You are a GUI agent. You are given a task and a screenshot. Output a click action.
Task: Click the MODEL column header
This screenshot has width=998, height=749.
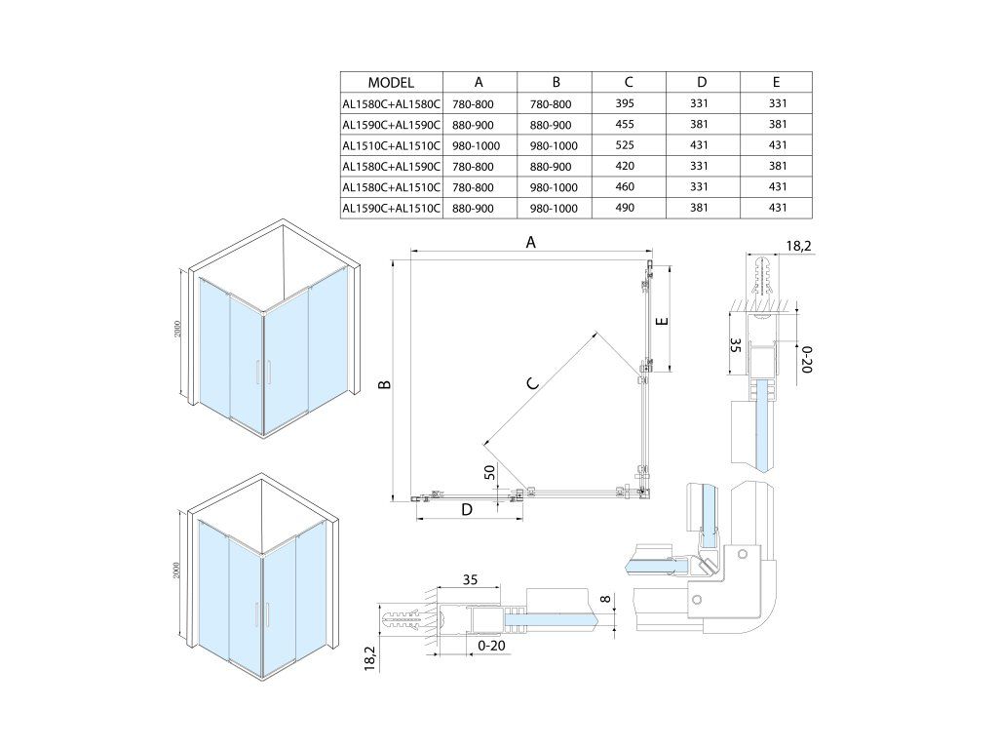tap(391, 83)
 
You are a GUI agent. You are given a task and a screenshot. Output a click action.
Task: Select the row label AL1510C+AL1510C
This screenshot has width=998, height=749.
tap(391, 145)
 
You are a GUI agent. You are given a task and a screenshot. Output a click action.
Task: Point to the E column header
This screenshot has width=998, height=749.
tap(776, 83)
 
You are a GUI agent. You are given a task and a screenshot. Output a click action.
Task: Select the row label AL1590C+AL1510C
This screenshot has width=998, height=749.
tap(391, 208)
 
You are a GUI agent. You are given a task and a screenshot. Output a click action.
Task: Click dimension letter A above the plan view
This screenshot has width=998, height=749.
tap(531, 243)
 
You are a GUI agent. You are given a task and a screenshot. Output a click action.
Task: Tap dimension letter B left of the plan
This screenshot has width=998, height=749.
tap(386, 385)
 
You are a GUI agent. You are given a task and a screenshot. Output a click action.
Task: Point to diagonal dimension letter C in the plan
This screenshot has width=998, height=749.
tap(532, 382)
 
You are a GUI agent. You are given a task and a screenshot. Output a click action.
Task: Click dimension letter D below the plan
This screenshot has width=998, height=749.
tap(467, 509)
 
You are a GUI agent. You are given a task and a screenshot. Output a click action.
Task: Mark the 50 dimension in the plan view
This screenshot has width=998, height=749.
tap(490, 473)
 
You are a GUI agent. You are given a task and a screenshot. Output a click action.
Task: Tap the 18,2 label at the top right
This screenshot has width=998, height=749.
tap(796, 247)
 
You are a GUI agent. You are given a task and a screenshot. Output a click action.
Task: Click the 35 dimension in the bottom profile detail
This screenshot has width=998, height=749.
tap(469, 580)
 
